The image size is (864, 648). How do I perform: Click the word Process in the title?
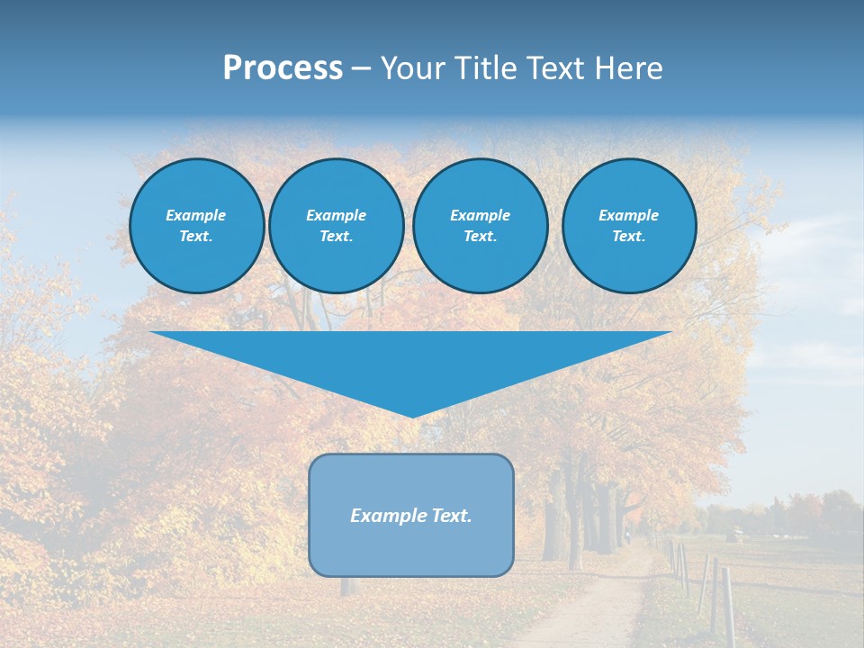(x=283, y=68)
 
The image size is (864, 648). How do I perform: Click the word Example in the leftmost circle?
(x=196, y=215)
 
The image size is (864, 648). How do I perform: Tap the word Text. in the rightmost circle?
(x=628, y=236)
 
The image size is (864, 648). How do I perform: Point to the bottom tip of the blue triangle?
(x=411, y=416)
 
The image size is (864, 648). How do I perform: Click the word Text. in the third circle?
(x=480, y=236)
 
